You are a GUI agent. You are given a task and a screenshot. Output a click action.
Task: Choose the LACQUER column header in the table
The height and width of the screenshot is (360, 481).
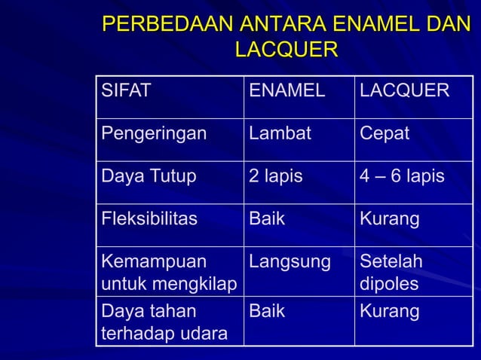pos(404,92)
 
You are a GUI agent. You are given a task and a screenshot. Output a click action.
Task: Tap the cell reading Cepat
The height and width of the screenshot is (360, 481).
pos(384,134)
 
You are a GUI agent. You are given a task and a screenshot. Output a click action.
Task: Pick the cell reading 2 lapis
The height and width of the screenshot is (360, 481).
pos(276,177)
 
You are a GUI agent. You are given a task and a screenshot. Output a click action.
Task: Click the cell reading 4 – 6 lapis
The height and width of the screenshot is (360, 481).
pos(402,177)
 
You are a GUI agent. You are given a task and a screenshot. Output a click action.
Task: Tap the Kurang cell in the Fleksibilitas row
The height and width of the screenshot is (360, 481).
pos(390,220)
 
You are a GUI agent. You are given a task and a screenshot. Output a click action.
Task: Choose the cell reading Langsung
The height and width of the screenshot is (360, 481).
pos(290,263)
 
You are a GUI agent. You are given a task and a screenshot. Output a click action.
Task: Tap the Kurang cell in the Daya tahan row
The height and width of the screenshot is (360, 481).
pos(390,311)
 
